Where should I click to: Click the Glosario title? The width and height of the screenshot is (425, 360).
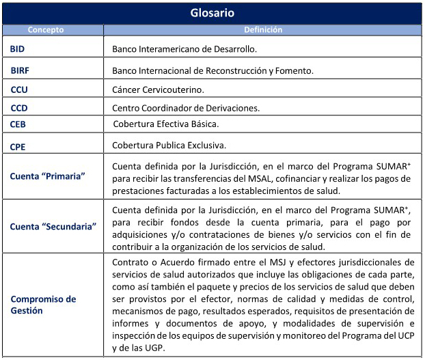pyautogui.click(x=212, y=13)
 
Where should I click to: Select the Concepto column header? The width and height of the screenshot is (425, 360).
pyautogui.click(x=45, y=30)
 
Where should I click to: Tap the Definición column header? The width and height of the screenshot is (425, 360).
pyautogui.click(x=263, y=30)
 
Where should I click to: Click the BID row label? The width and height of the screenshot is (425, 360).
pyautogui.click(x=18, y=50)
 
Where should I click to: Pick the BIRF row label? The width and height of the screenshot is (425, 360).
pyautogui.click(x=20, y=70)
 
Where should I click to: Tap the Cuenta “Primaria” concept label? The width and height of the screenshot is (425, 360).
pyautogui.click(x=47, y=176)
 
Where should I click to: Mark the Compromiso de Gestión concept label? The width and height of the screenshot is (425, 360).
pyautogui.click(x=43, y=305)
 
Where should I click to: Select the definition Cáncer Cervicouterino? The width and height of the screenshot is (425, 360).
pyautogui.click(x=157, y=89)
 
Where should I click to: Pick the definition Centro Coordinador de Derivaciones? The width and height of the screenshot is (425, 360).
pyautogui.click(x=185, y=108)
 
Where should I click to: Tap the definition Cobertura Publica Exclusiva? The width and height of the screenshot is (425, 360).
pyautogui.click(x=169, y=146)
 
